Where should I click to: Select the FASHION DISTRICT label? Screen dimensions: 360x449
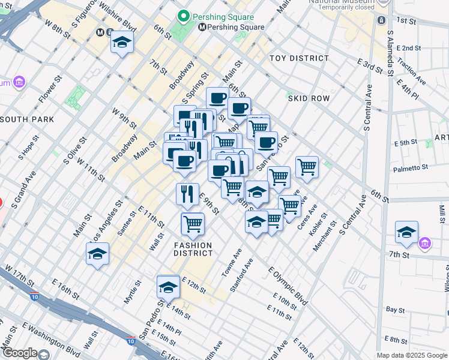pos(193,249)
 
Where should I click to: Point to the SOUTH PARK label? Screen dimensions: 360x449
pos(28,119)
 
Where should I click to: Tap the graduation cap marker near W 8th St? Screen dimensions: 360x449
pos(122,43)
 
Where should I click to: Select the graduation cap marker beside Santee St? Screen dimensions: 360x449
pos(97,254)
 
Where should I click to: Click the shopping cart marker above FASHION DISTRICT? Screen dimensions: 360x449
pos(193,224)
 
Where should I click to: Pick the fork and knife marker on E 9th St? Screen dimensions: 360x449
pos(187,194)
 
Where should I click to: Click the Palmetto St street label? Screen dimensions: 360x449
pos(411,168)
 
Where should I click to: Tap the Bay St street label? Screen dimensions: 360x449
pos(396,310)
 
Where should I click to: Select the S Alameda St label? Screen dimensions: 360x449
pos(390,54)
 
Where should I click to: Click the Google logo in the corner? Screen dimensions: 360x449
pos(19,353)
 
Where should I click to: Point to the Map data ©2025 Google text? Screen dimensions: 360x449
pos(412,355)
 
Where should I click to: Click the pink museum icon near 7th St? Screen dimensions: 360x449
pos(426,244)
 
